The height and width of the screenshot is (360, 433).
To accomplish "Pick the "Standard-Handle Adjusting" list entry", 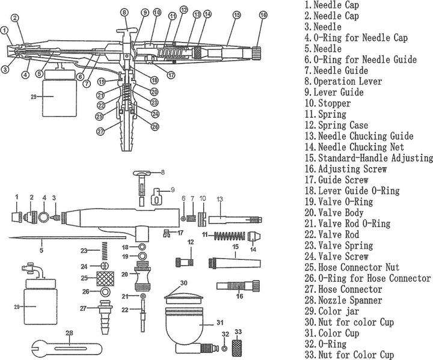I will click(x=367, y=158).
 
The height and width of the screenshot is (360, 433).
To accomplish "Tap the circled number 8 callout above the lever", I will click(x=124, y=12).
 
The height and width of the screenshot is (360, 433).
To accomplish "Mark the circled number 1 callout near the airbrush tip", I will click(x=5, y=28).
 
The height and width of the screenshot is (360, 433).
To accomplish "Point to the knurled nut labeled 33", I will click(x=239, y=348).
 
